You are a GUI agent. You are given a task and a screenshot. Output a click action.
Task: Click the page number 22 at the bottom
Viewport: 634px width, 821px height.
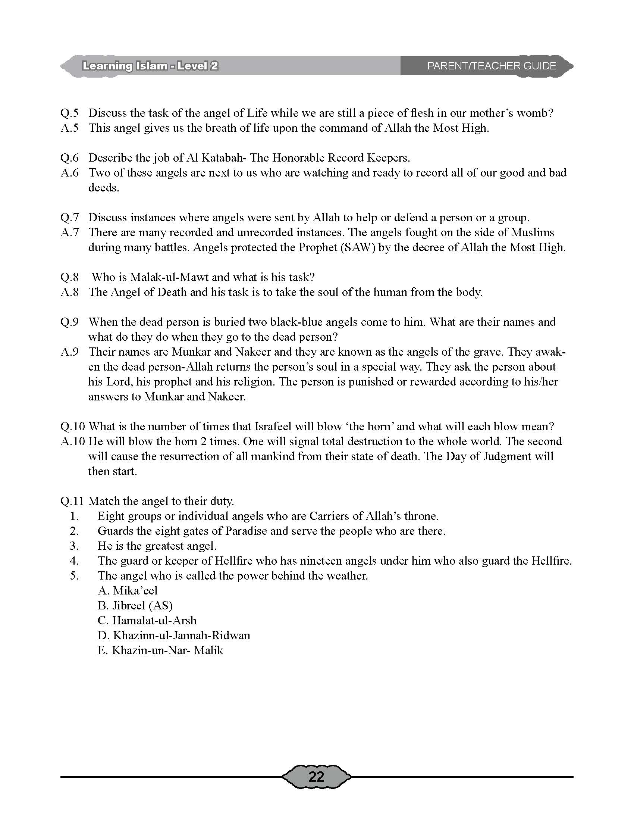click(316, 776)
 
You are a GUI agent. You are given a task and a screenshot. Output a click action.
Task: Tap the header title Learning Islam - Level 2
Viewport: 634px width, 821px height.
click(150, 66)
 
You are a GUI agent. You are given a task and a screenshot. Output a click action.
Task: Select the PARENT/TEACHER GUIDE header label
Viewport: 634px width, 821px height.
click(492, 66)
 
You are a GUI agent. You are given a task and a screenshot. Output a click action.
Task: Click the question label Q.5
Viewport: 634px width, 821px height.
click(69, 113)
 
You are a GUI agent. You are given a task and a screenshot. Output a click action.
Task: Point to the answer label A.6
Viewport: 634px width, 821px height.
click(69, 173)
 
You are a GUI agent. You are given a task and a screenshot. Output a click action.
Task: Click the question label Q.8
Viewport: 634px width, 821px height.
click(69, 277)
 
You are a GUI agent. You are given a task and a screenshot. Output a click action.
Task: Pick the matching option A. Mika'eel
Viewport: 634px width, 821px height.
click(128, 591)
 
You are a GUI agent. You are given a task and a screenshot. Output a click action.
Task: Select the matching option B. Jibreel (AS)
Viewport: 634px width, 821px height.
click(135, 606)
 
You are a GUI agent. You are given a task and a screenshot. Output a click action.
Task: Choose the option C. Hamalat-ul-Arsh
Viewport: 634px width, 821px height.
click(147, 621)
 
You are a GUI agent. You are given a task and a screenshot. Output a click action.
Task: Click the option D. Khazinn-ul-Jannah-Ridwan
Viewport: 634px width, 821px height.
click(174, 636)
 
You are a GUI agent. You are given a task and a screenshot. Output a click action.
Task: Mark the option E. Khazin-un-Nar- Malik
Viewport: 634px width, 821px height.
click(160, 651)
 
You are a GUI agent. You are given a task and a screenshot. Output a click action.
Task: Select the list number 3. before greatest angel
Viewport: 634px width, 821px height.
click(74, 546)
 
